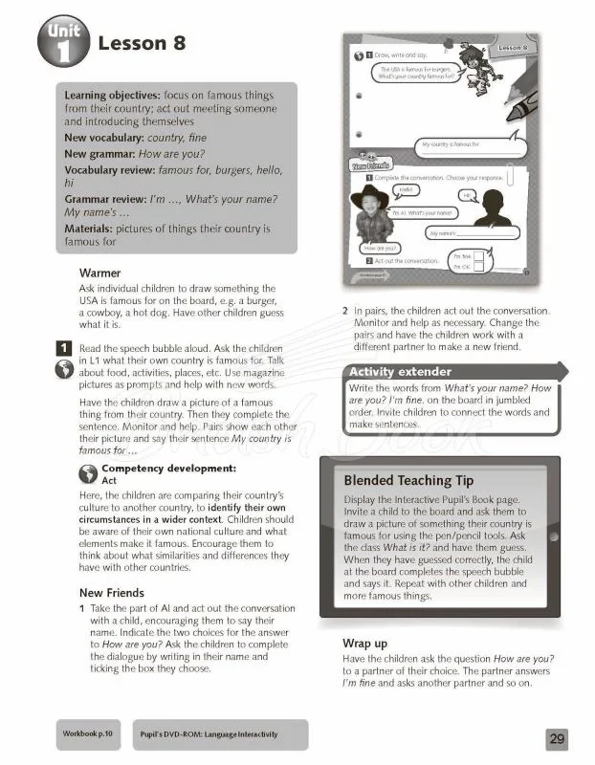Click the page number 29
(x=558, y=738)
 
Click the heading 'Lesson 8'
(x=142, y=44)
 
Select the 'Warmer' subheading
(x=99, y=273)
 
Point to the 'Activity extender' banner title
(x=400, y=371)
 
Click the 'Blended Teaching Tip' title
(x=408, y=480)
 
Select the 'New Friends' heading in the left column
(x=112, y=593)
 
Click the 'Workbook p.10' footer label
(x=88, y=734)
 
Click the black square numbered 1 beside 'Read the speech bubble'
(x=63, y=348)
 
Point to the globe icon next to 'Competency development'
(x=87, y=471)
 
